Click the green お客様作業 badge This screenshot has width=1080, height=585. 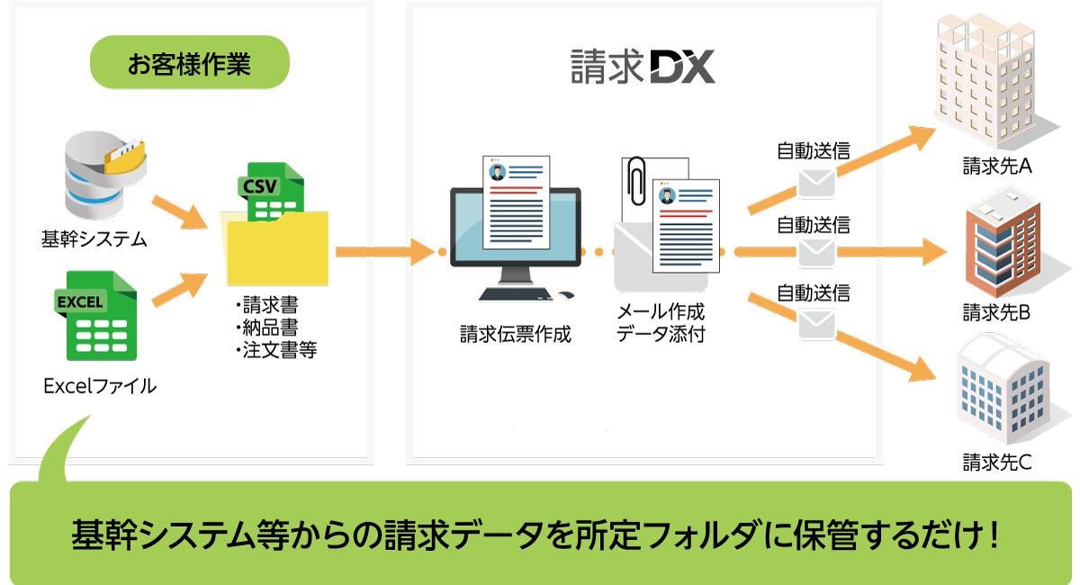(189, 64)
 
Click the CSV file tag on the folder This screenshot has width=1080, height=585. (260, 186)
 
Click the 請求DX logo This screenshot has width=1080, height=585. (643, 66)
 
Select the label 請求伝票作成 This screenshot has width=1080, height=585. (515, 336)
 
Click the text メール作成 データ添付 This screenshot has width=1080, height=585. (661, 323)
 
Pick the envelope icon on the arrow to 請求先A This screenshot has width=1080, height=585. (817, 183)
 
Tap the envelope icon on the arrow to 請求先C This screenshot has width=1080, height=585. (817, 322)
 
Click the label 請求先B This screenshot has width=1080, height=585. (996, 312)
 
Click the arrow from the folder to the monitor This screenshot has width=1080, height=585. (382, 251)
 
